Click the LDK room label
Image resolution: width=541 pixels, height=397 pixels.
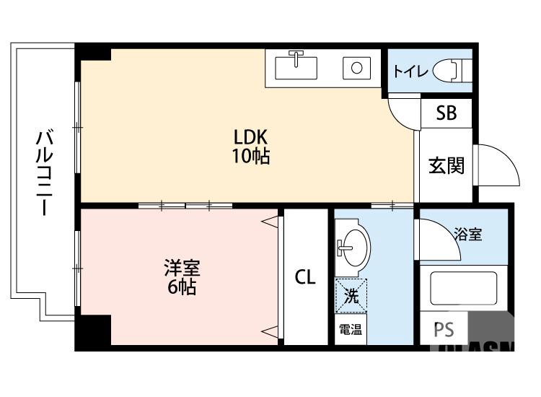[x=250, y=136]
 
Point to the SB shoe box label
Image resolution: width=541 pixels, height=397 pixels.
[x=446, y=113]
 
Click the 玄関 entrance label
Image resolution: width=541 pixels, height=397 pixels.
[x=446, y=166]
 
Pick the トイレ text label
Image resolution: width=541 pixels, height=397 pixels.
[x=411, y=71]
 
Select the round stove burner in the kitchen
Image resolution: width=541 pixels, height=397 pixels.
[x=356, y=69]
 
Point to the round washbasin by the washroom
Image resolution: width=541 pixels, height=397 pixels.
[x=352, y=248]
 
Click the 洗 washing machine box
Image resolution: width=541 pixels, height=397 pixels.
[x=351, y=295]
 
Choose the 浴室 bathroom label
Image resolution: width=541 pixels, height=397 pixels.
[x=468, y=233]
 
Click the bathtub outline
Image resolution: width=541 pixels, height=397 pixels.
[x=463, y=290]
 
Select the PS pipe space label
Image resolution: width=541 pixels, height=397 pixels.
[x=444, y=331]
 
